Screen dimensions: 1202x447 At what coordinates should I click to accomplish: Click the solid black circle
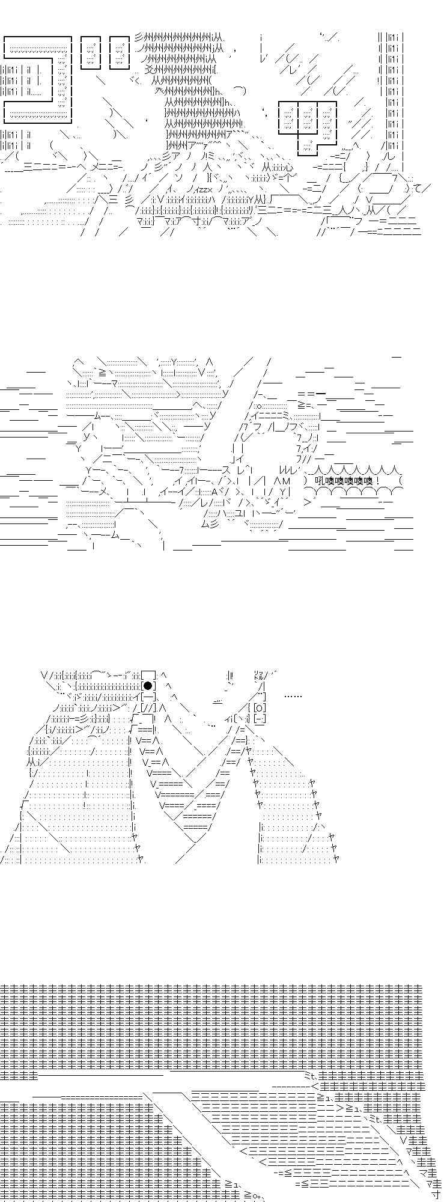(148, 686)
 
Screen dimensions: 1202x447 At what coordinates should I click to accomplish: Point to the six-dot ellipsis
(293, 697)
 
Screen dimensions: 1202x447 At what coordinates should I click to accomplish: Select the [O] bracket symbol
(260, 708)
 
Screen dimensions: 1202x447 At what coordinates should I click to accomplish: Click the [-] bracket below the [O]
(260, 719)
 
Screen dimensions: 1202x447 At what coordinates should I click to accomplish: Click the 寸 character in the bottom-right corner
(437, 1195)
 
